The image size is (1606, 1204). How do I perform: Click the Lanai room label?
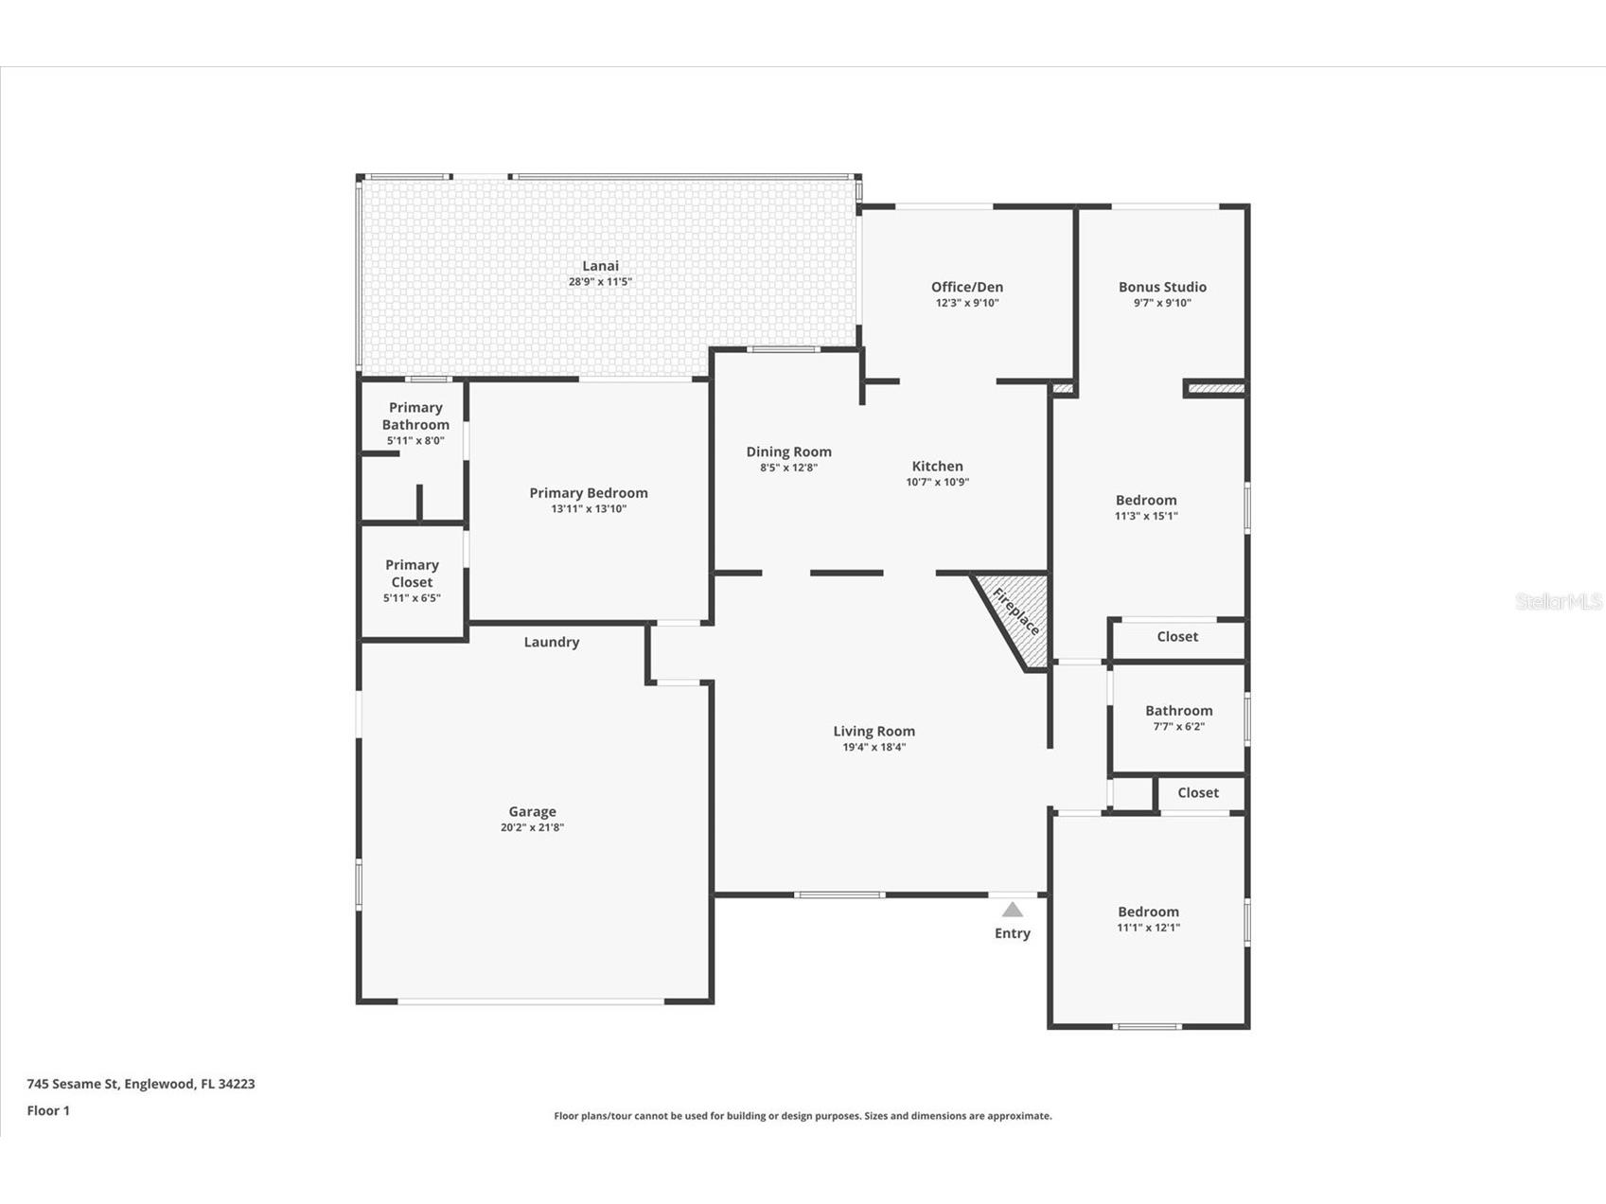click(x=600, y=266)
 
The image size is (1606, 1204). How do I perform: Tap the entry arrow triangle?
click(x=1013, y=911)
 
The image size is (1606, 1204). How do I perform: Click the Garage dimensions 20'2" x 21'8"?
click(x=533, y=827)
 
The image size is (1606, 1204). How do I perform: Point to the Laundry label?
click(x=552, y=642)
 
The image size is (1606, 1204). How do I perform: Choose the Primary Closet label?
click(x=412, y=574)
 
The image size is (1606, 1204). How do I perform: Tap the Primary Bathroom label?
click(x=415, y=416)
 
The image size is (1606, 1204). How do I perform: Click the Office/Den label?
click(x=967, y=287)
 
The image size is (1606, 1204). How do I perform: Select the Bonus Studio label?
click(x=1162, y=287)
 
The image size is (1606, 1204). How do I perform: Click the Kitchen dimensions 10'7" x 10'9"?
click(x=938, y=482)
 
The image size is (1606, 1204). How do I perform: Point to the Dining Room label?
click(x=788, y=452)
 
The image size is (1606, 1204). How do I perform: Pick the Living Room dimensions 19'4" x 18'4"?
click(x=874, y=747)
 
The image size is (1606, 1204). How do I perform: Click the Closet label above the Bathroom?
click(x=1177, y=636)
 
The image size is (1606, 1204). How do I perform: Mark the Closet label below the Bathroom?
click(x=1198, y=792)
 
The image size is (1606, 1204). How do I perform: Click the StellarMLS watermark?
click(x=1559, y=601)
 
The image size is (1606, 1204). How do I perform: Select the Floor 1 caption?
click(x=48, y=1110)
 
